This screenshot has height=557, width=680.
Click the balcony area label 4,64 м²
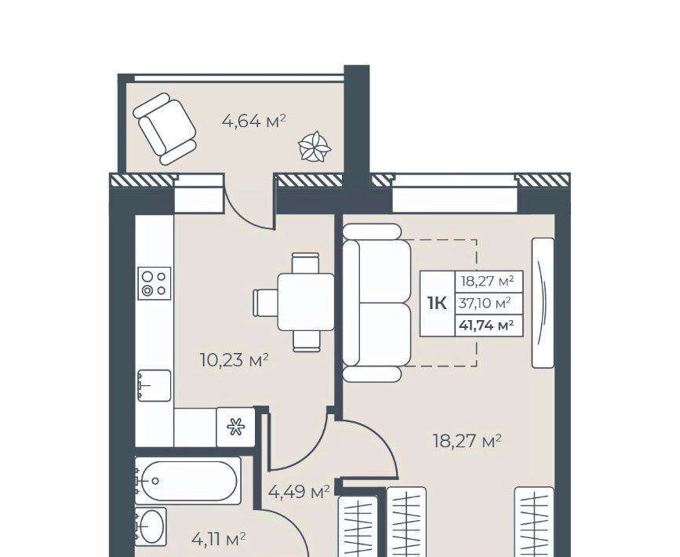(253, 121)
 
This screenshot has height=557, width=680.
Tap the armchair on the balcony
(165, 129)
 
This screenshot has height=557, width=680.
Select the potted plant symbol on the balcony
(315, 147)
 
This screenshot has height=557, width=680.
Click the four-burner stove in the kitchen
(155, 283)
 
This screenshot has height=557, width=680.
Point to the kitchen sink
(154, 386)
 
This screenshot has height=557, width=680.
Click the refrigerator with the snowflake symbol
(235, 427)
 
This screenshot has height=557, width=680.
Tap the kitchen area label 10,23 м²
(235, 359)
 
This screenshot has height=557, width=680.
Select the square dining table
(306, 302)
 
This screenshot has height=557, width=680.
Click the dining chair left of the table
(265, 302)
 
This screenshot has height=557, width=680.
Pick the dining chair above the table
(306, 263)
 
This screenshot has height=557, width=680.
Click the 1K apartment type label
(437, 304)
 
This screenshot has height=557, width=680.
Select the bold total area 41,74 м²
(486, 325)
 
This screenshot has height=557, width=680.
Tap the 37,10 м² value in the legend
(485, 303)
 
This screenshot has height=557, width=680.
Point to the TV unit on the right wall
(543, 303)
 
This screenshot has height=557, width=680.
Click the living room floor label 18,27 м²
(467, 441)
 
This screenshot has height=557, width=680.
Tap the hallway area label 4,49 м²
(299, 492)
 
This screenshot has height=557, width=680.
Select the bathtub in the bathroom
(187, 481)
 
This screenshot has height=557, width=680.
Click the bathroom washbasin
(151, 526)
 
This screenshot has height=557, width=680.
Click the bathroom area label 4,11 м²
(219, 539)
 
